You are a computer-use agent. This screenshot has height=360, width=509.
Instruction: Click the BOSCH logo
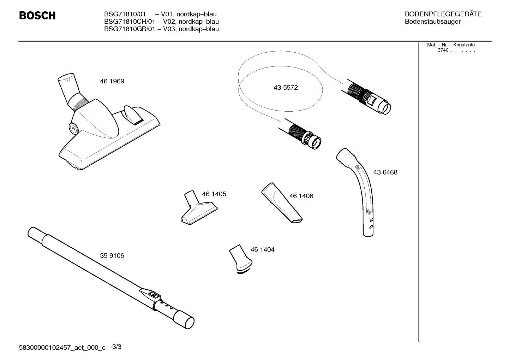click(x=37, y=16)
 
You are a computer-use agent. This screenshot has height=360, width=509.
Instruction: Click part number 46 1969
click(x=112, y=81)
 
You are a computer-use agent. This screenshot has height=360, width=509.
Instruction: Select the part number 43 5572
click(x=286, y=88)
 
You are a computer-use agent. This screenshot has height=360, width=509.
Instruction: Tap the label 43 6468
click(x=385, y=172)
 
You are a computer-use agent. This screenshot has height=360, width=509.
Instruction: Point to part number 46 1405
click(x=214, y=194)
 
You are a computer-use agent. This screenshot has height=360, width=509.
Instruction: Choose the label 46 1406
click(x=301, y=196)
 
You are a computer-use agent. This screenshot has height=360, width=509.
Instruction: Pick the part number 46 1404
click(x=262, y=249)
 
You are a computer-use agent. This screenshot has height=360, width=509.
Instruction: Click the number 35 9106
click(x=112, y=256)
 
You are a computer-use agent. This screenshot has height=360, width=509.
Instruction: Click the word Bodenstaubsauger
click(x=432, y=22)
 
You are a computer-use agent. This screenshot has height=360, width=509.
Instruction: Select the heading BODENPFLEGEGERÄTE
click(x=443, y=14)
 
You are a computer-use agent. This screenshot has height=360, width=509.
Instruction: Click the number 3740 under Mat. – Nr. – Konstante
click(x=443, y=50)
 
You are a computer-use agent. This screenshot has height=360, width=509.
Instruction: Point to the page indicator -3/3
click(x=115, y=347)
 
